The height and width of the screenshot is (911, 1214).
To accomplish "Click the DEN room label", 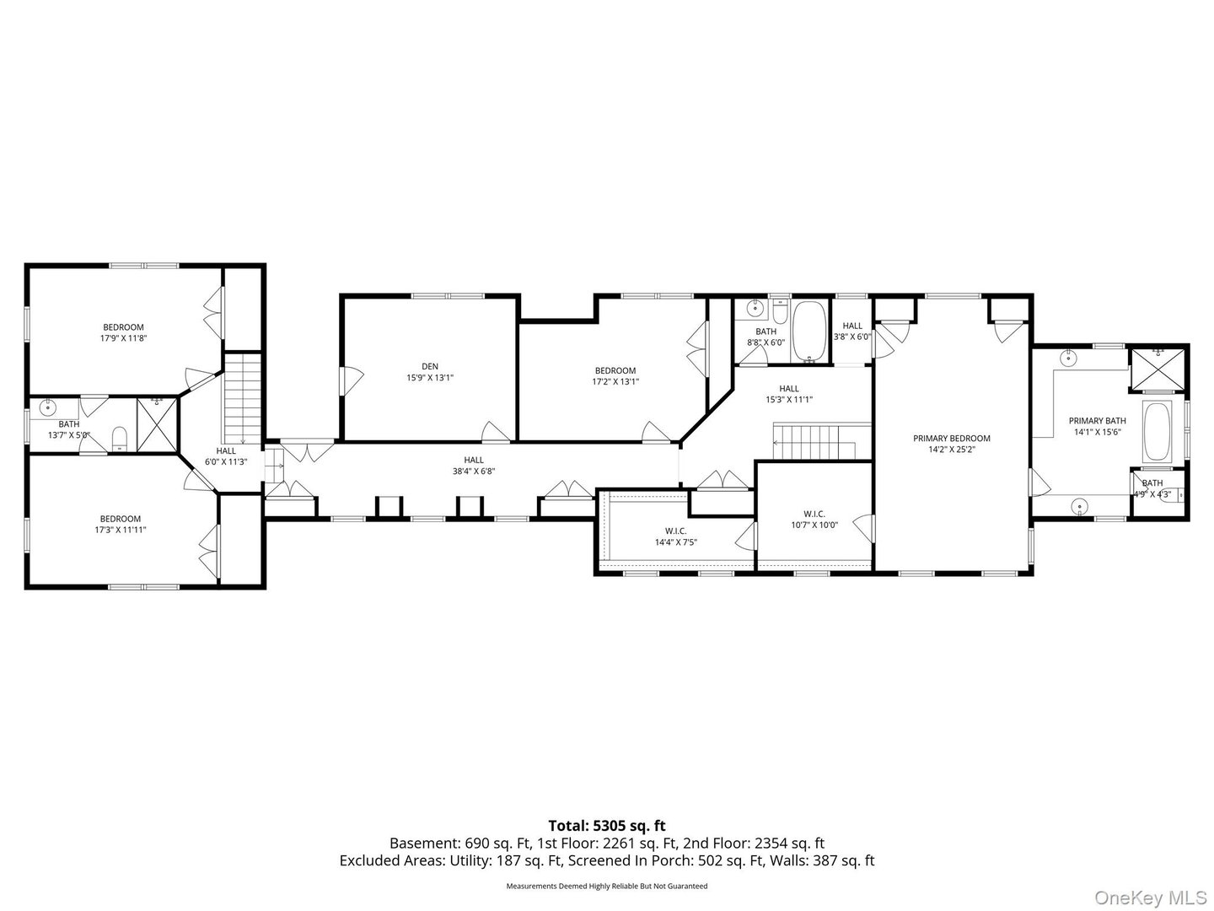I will (430, 366).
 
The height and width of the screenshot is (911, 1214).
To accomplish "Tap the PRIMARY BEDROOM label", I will (952, 439).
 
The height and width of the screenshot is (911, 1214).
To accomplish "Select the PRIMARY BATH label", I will (1097, 421).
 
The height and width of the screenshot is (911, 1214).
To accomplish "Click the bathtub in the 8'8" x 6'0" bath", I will (811, 331).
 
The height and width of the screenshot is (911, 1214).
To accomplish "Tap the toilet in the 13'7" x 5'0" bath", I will (120, 436).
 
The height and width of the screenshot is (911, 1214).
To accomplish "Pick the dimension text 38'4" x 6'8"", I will (474, 472).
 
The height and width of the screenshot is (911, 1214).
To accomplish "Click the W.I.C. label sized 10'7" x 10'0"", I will (814, 514).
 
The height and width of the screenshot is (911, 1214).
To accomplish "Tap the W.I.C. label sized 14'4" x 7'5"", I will (675, 531).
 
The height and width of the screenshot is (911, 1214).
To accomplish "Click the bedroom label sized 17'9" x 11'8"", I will (123, 327).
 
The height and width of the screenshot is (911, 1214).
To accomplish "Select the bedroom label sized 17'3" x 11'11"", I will (121, 519).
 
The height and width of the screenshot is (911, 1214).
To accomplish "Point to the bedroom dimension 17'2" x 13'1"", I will (615, 381).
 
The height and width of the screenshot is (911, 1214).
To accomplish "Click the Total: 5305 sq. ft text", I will (607, 826).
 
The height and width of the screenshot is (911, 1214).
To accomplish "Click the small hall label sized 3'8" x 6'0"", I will (852, 326).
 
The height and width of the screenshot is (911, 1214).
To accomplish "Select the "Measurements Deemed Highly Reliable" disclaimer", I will (606, 887).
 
